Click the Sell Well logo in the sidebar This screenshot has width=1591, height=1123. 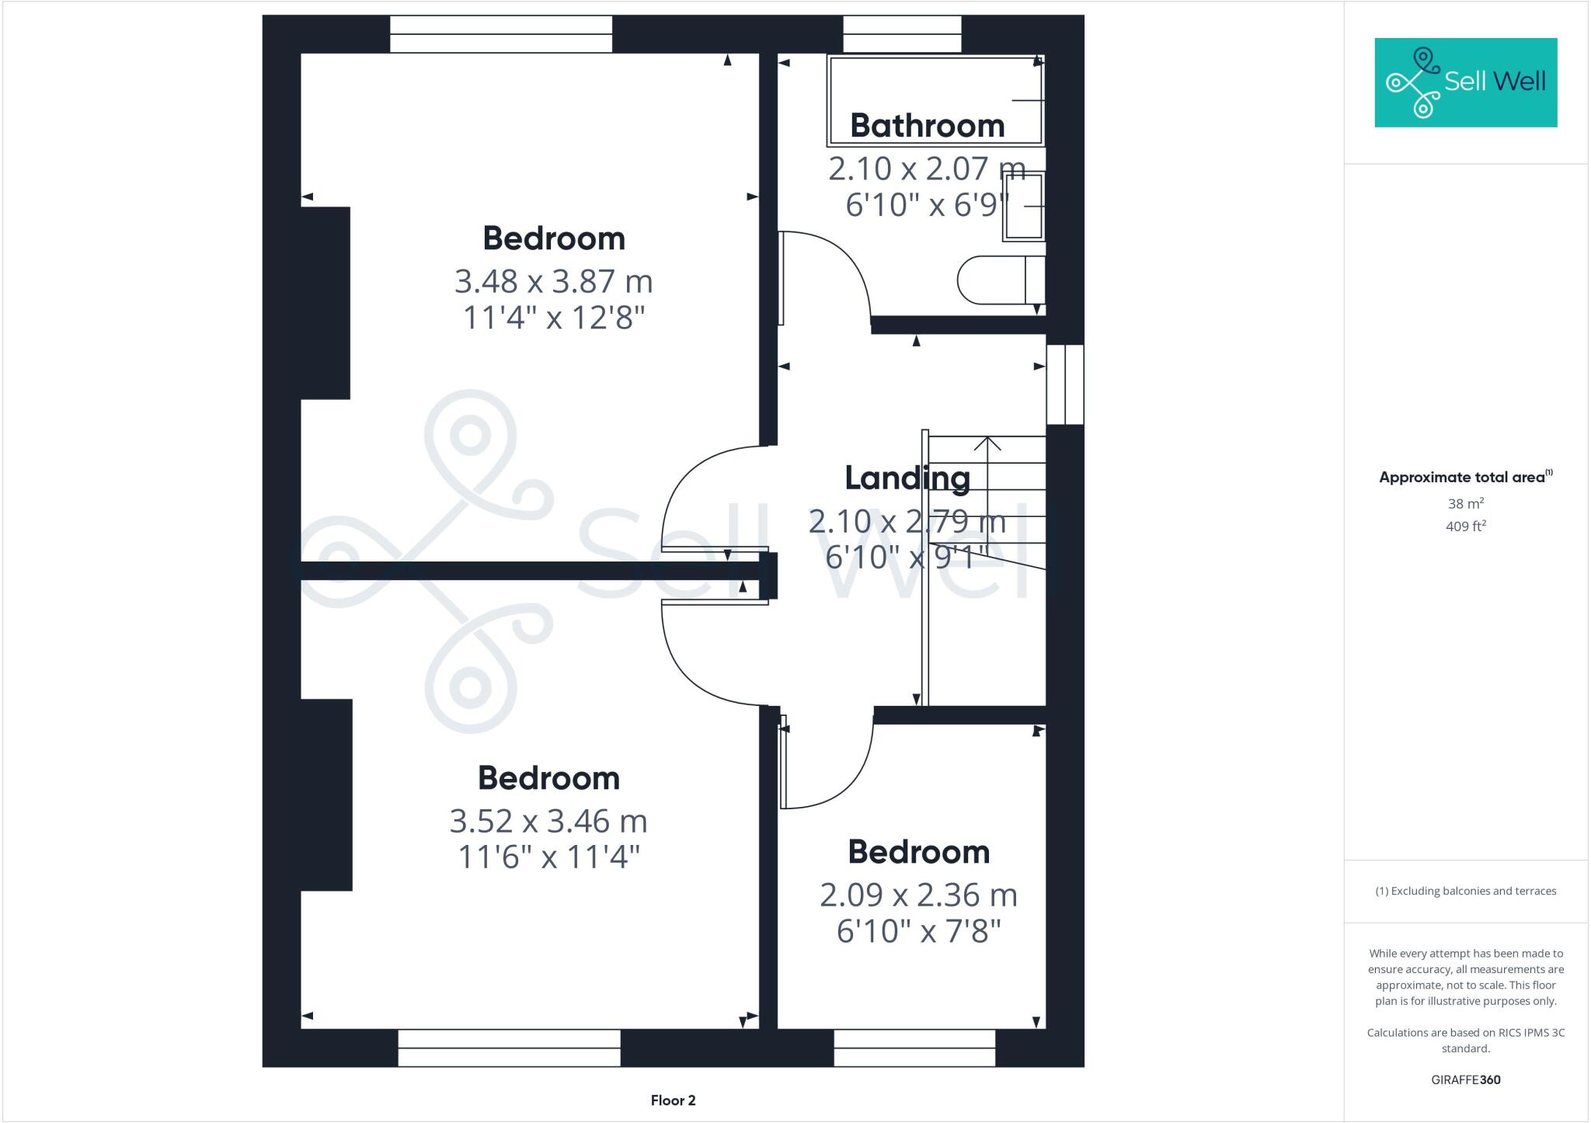pyautogui.click(x=1465, y=82)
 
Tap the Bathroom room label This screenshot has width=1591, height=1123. pyautogui.click(x=927, y=126)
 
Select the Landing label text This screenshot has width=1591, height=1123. pyautogui.click(x=907, y=478)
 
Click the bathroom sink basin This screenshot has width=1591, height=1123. pyautogui.click(x=1023, y=206)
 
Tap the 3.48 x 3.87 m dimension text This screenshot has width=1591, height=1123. pyautogui.click(x=553, y=281)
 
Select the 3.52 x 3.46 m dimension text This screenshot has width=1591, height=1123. pyautogui.click(x=548, y=821)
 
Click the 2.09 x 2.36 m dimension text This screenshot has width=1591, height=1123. pyautogui.click(x=918, y=895)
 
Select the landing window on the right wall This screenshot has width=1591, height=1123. pyautogui.click(x=1064, y=384)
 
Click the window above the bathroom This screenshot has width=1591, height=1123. pyautogui.click(x=902, y=34)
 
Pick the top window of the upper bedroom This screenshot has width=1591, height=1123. pyautogui.click(x=501, y=34)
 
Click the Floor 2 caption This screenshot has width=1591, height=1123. pyautogui.click(x=673, y=1100)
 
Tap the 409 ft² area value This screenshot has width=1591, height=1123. pyautogui.click(x=1466, y=527)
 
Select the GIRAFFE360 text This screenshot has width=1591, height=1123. pyautogui.click(x=1465, y=1080)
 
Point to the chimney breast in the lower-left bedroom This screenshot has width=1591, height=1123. pyautogui.click(x=326, y=794)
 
